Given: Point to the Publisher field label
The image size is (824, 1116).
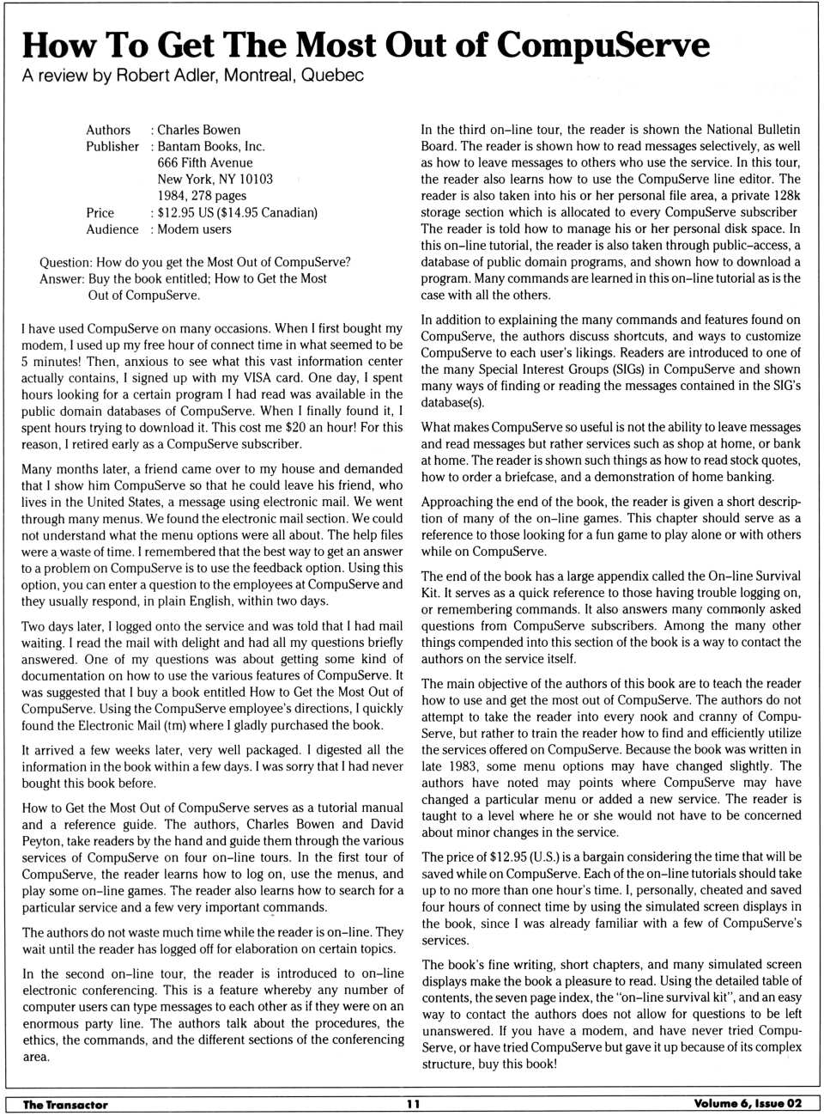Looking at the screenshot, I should point(112,146).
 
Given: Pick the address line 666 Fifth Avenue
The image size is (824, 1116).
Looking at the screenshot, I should point(204,162).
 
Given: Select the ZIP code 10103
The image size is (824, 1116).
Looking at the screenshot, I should point(255,179).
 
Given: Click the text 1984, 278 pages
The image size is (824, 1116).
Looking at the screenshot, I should point(202,196).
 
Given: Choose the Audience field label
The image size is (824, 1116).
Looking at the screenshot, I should point(112,229).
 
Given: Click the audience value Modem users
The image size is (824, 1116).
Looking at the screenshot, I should point(194,229).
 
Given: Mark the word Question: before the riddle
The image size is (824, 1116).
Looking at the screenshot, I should point(65,262).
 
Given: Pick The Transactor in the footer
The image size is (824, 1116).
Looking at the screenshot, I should point(65,1105).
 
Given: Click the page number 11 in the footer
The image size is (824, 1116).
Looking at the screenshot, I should point(413,1105).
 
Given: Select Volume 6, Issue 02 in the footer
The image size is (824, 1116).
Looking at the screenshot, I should point(748,1104).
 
